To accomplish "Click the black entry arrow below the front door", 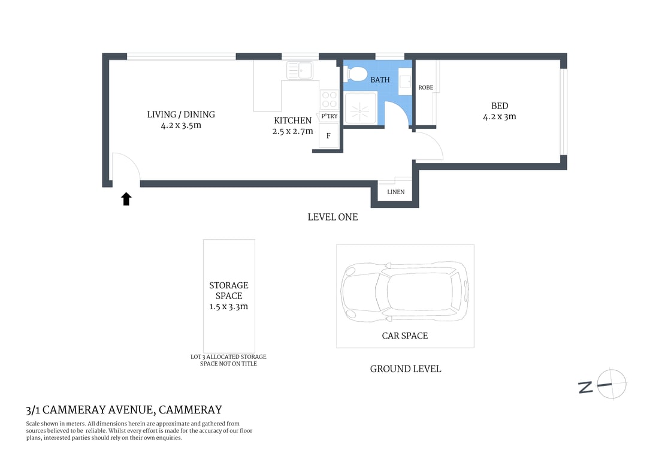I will click(126, 199).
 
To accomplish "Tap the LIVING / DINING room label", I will click(181, 114).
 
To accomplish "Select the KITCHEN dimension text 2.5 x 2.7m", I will click(293, 131).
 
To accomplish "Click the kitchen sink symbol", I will click(300, 71).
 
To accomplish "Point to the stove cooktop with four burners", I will click(329, 99).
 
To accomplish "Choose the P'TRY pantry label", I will click(330, 116).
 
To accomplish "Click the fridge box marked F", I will click(328, 136).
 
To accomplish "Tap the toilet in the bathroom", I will click(358, 74).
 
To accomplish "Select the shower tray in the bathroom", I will click(360, 108).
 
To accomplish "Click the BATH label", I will click(380, 80).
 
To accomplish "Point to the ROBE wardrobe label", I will click(425, 87).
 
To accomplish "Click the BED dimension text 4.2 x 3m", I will click(499, 117).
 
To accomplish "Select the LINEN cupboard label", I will click(395, 192).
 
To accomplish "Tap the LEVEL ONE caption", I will click(333, 217).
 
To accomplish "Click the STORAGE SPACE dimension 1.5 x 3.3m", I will click(228, 306).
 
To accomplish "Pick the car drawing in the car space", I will click(404, 291).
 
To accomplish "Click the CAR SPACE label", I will click(405, 336).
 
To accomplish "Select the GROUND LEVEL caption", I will click(405, 369).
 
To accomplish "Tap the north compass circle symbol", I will click(612, 384).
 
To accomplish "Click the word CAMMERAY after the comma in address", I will click(191, 410).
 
